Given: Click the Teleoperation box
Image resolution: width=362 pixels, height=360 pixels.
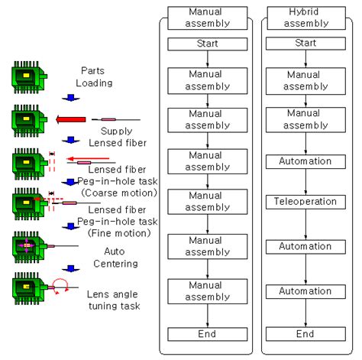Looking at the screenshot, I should click(x=305, y=203).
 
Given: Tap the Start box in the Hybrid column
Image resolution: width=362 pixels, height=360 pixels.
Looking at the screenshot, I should click(x=305, y=43).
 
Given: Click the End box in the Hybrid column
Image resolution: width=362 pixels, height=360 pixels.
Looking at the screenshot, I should click(x=305, y=334).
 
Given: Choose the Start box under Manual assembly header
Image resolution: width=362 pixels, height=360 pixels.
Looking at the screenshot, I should click(x=208, y=43).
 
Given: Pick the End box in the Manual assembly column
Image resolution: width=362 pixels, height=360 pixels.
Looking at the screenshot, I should click(x=208, y=334).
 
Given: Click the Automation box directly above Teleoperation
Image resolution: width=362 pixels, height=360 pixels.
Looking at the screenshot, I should click(x=305, y=162).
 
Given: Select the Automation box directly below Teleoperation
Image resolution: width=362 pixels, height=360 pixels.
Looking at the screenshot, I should click(x=305, y=248).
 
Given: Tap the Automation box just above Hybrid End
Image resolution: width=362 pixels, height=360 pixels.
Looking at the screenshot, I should click(x=305, y=291).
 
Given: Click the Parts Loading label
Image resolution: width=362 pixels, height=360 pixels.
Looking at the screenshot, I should click(x=98, y=76).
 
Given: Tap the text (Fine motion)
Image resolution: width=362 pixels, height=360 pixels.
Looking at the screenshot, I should click(x=116, y=232).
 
